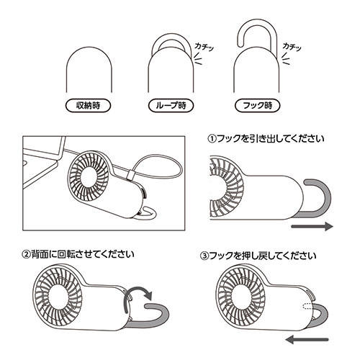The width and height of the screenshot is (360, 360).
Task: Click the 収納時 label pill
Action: pos(88,106)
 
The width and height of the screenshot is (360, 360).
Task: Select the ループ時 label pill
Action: pos(171,106)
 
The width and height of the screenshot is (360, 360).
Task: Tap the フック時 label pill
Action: pos(257,106)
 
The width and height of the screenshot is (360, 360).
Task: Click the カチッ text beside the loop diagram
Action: pos(204,47)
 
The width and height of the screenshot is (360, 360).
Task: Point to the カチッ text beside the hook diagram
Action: pos(292,47)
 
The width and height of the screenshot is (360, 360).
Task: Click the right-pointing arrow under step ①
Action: pos(312,226)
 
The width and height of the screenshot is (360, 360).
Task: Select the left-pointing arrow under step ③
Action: pos(307,340)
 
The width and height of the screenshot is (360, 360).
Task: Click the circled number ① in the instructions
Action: pos(212,139)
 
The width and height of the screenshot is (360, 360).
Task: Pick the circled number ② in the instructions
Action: pos(26,254)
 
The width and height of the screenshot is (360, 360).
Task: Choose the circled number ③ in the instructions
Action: pos(204,256)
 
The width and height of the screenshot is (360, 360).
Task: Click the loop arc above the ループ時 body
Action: pos(171,35)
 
